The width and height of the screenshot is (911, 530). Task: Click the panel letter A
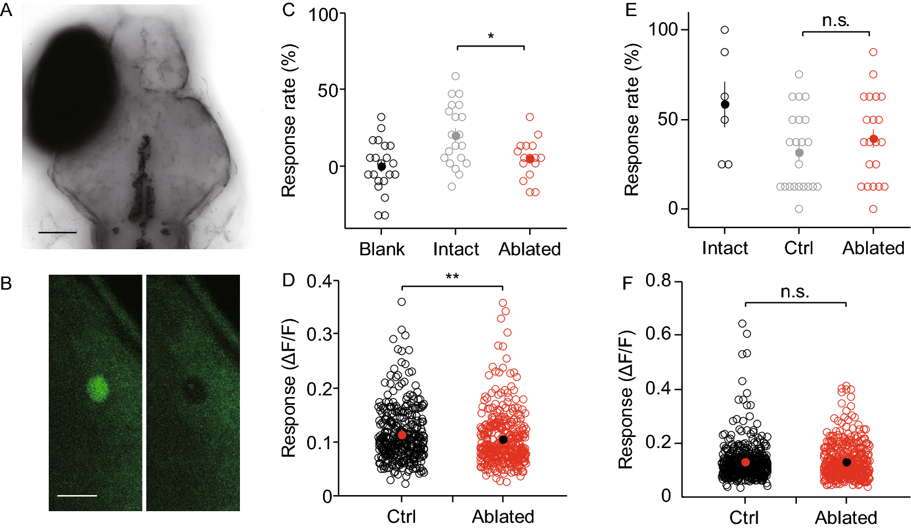point(7,11)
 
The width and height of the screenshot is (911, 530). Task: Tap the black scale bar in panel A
point(57,233)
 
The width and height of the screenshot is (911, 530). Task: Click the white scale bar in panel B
point(77,496)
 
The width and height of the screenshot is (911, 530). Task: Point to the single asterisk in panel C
point(491,37)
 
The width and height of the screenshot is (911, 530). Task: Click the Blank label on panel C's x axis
point(382,249)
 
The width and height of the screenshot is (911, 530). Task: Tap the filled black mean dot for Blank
point(381,167)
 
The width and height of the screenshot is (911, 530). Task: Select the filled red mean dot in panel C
point(530,159)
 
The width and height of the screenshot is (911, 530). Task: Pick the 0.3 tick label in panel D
point(319,335)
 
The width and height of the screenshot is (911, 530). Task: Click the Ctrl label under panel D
point(401,517)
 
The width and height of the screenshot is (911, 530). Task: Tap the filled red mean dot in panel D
point(402,435)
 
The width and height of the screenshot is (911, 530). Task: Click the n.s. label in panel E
point(836,20)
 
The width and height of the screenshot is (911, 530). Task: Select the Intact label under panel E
point(725,248)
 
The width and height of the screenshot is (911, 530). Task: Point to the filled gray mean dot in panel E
point(799,153)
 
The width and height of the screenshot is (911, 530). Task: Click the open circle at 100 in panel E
point(725,30)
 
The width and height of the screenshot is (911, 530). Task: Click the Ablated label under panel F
point(846,518)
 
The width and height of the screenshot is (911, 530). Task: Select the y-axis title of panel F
point(626,400)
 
